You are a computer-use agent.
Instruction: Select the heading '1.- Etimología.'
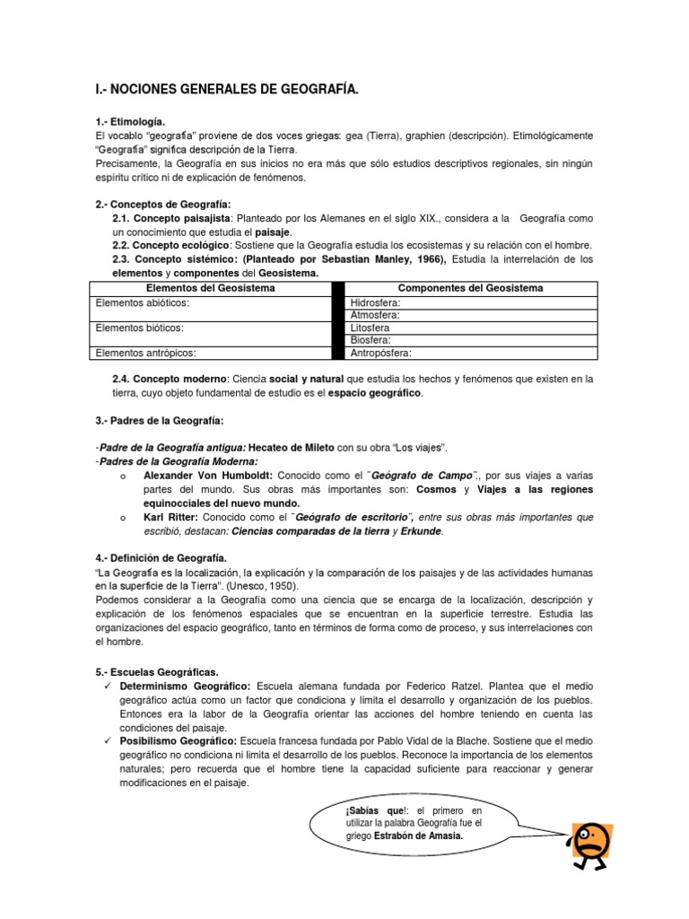(130, 121)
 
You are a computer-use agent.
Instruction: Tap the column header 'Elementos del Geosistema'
(210, 288)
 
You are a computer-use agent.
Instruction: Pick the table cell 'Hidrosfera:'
(376, 303)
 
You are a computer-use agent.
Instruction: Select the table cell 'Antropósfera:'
(381, 354)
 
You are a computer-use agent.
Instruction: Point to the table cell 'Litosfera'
(371, 328)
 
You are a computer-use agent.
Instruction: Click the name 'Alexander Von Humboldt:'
(210, 475)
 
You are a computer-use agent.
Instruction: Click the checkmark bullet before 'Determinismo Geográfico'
(105, 687)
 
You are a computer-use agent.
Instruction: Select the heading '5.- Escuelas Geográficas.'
(158, 672)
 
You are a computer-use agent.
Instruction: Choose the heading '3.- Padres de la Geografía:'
(160, 421)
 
